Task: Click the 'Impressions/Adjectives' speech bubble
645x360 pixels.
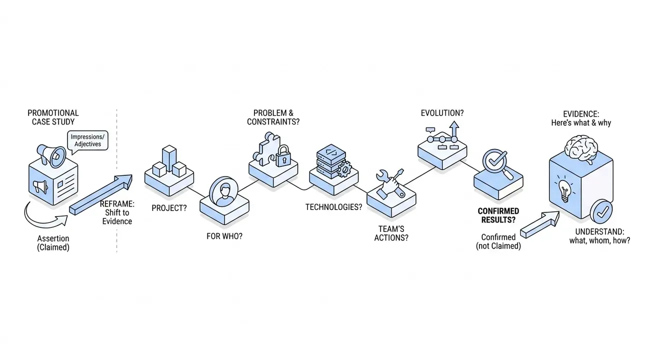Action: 87,141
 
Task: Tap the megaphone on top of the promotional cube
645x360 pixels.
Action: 52,155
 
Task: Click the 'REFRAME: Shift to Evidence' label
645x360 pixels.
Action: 117,212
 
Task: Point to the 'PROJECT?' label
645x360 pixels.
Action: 169,208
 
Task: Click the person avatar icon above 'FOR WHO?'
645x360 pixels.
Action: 223,191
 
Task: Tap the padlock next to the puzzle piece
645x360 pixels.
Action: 283,156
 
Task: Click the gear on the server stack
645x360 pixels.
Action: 344,169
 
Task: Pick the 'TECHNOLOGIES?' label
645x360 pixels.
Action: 333,207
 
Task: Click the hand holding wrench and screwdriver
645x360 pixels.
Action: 390,184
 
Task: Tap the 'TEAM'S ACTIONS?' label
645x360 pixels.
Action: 391,233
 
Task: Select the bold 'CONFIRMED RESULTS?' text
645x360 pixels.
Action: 498,215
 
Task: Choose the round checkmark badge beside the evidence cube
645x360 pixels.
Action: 601,211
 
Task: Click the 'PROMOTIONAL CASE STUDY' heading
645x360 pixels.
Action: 53,117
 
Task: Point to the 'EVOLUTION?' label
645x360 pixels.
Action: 442,113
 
